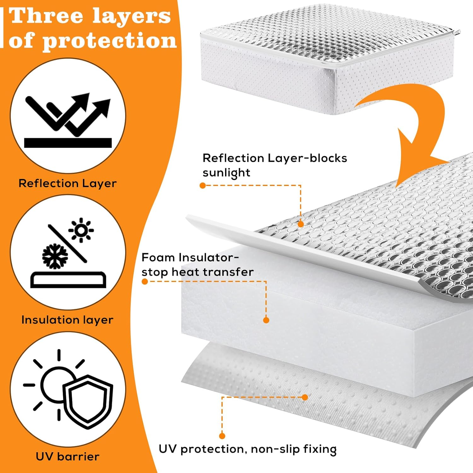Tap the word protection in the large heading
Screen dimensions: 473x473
109,41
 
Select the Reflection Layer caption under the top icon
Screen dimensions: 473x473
67,183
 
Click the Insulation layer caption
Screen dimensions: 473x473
67,320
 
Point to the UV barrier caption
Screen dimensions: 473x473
67,456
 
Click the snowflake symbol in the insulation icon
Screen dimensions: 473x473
55,256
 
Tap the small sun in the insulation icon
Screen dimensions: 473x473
81,230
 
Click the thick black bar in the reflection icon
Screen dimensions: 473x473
68,143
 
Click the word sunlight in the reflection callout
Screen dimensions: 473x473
226,173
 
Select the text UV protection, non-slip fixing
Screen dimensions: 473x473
248,449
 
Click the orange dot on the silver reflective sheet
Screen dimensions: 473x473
301,224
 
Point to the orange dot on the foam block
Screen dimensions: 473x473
266,320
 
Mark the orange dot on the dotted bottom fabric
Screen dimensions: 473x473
305,397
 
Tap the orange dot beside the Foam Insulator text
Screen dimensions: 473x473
145,282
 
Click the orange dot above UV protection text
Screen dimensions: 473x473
222,436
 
